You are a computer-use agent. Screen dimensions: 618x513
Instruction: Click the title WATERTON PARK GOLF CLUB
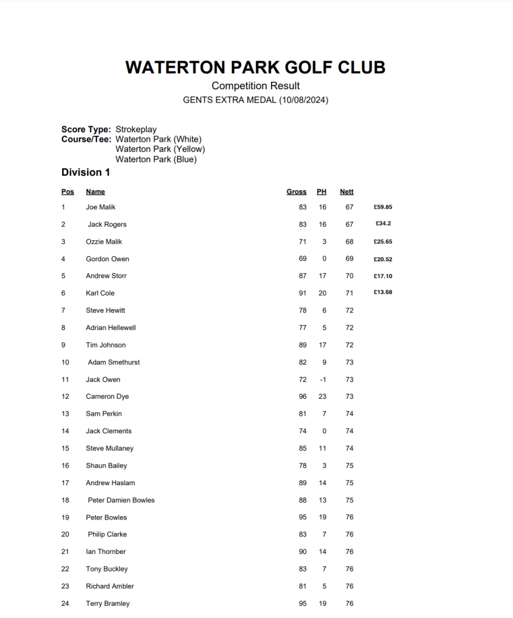[255, 68]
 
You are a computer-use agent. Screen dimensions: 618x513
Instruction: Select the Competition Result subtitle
[255, 86]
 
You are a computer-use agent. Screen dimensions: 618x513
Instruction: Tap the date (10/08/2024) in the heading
[304, 100]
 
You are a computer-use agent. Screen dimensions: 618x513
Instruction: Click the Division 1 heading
[86, 173]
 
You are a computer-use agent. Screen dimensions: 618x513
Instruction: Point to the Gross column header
[296, 192]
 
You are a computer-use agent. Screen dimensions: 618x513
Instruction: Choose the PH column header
[322, 192]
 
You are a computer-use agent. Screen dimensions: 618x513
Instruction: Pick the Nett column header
[346, 192]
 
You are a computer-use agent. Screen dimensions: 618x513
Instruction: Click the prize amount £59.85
[383, 207]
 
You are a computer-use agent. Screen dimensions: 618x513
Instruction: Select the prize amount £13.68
[383, 293]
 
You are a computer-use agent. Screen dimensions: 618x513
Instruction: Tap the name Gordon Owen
[107, 259]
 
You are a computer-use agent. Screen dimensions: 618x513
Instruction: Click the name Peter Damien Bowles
[121, 500]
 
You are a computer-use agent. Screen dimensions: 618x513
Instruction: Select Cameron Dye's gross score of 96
[302, 397]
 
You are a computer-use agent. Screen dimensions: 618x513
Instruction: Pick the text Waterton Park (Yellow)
[160, 150]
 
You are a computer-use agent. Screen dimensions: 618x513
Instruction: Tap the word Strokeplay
[136, 129]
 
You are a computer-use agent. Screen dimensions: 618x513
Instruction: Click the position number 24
[65, 604]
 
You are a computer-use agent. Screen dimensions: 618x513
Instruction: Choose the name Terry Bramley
[107, 604]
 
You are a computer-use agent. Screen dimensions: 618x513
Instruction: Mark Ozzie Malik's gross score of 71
[302, 241]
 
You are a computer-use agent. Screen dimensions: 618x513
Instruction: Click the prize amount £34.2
[383, 224]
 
